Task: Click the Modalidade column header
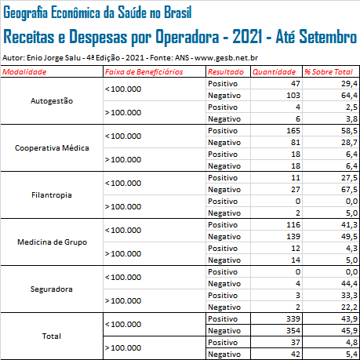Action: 24,72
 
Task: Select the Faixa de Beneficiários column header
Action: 144,72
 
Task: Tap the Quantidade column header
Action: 274,72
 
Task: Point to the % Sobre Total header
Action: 329,72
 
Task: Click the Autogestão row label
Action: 52,101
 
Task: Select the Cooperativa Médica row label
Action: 52,148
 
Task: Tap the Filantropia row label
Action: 52,195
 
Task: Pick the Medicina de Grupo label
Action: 52,242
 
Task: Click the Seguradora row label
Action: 52,289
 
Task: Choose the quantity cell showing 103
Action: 293,96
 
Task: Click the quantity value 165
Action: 293,131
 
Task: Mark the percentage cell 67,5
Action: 349,190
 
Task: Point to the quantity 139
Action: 293,237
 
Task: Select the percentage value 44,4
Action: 349,284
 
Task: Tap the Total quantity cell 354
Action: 293,331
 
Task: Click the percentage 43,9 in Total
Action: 349,319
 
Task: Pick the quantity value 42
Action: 296,355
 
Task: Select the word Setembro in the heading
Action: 328,36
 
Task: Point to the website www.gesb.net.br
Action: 227,58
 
